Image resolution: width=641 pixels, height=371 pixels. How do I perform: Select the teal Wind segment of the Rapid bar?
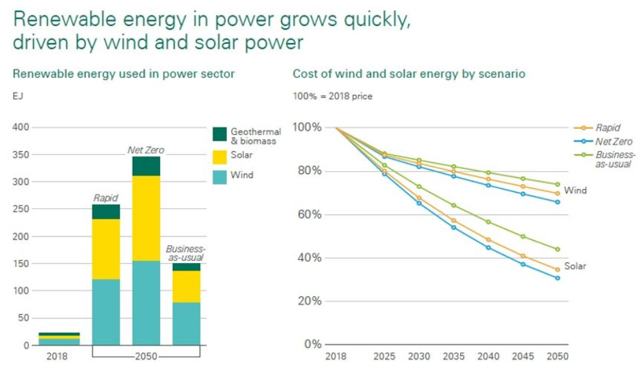106,312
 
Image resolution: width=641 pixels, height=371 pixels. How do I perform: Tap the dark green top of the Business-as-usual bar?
186,267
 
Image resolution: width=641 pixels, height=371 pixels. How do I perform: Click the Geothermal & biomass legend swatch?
220,134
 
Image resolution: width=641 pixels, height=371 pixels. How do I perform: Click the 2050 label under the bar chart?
146,356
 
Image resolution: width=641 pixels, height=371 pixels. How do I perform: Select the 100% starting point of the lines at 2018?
336,128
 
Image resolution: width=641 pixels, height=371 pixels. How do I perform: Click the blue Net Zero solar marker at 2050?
557,278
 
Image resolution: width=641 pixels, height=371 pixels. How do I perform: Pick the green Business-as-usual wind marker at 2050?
557,184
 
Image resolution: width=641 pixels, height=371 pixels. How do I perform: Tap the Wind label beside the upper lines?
575,190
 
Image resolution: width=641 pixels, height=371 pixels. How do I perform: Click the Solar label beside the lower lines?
575,266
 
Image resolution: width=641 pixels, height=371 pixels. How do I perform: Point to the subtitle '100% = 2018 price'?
332,96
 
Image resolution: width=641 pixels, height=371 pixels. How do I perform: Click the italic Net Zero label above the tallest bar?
146,149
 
